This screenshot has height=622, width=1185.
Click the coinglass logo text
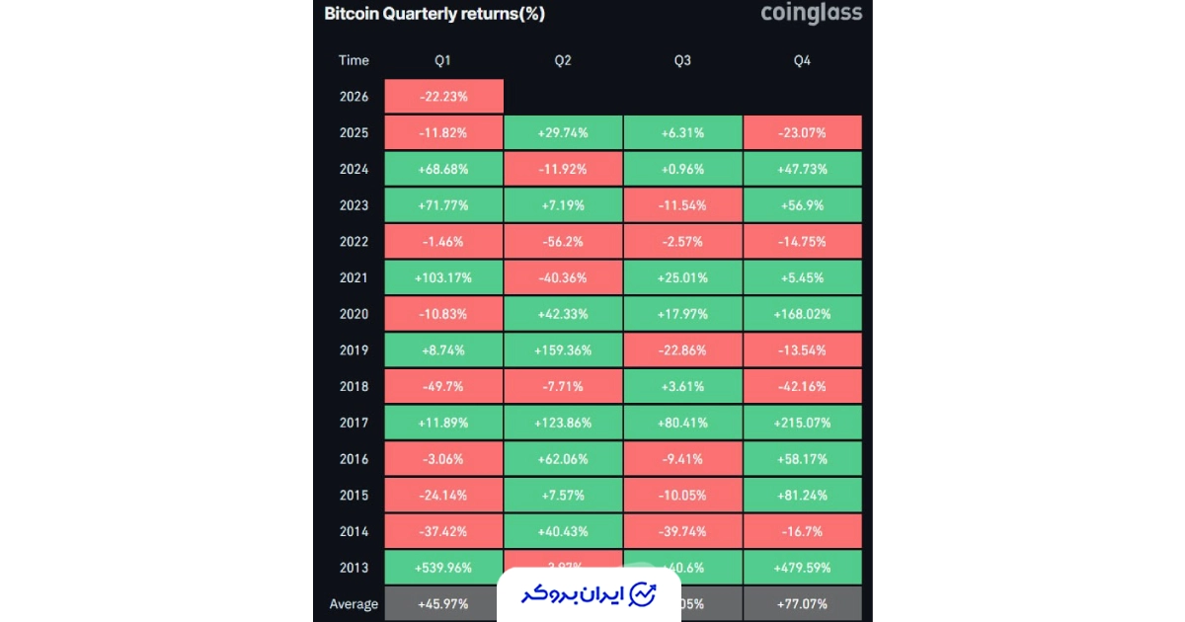click(811, 14)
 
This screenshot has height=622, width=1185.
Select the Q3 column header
click(682, 60)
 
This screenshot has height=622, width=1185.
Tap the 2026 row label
click(354, 97)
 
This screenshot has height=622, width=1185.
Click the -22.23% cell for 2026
click(443, 97)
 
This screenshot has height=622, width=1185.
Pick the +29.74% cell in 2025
click(563, 132)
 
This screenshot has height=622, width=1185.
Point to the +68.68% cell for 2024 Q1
click(443, 169)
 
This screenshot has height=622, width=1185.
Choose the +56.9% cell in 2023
click(802, 205)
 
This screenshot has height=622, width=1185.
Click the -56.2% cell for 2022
click(563, 242)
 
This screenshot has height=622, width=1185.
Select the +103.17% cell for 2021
click(443, 277)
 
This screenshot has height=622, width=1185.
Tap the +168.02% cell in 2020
click(802, 314)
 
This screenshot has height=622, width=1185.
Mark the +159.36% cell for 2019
click(563, 350)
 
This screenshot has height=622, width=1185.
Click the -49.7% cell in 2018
click(443, 386)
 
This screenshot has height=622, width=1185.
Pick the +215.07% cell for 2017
click(802, 423)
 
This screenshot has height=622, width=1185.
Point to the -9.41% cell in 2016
click(682, 459)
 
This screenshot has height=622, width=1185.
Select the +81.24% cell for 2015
click(802, 495)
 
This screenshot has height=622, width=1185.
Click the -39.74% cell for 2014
click(682, 531)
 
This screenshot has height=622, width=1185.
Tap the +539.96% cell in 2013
click(443, 568)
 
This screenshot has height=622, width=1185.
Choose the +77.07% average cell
click(802, 603)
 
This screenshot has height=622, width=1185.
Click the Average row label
click(354, 604)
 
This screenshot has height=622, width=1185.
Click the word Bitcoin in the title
click(353, 14)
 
